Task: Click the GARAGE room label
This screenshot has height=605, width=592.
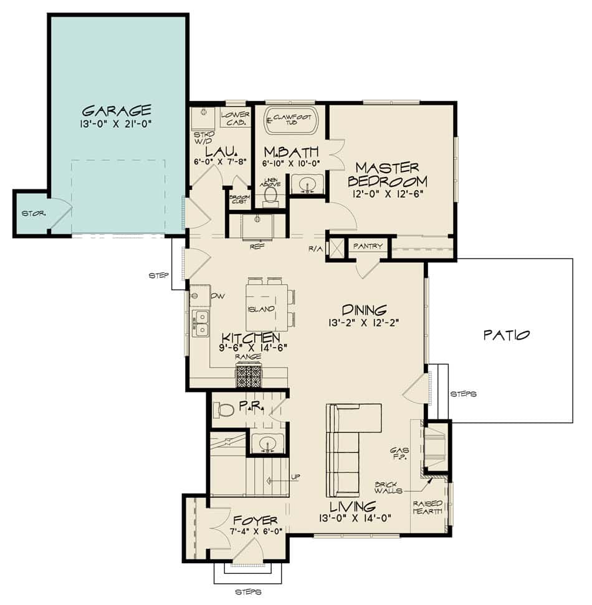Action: (x=117, y=111)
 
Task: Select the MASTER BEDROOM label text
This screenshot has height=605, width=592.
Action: (x=388, y=174)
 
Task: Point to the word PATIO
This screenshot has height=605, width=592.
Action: (x=507, y=335)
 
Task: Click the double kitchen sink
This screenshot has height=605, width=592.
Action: (x=200, y=323)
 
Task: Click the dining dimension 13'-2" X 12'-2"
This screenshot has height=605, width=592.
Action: (x=365, y=323)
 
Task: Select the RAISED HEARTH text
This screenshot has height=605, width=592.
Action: (x=427, y=507)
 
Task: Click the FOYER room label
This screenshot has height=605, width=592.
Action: (x=255, y=520)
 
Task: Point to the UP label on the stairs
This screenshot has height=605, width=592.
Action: (x=295, y=477)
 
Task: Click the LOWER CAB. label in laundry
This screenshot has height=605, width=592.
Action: (x=235, y=118)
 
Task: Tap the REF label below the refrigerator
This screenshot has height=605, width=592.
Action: (x=256, y=245)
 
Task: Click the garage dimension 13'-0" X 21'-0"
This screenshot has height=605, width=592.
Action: (x=117, y=124)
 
